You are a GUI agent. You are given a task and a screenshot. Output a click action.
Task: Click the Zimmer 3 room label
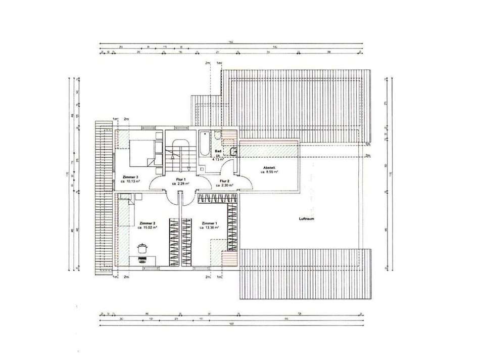pos(130,177)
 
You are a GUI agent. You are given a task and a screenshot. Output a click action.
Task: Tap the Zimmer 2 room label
pos(147,222)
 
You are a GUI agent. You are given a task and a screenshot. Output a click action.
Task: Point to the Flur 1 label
pos(180,179)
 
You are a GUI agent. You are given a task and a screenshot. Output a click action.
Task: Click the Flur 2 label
pos(225,180)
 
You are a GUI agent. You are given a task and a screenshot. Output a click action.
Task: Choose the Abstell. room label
pos(270,168)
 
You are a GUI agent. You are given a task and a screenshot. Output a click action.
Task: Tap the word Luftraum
pos(307,219)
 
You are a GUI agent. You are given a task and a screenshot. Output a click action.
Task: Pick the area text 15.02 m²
pos(148,228)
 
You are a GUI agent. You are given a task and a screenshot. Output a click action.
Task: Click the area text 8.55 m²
pos(271,172)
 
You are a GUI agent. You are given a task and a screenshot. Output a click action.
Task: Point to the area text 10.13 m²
pos(131,181)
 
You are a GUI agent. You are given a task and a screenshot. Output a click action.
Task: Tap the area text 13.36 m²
pos(210,228)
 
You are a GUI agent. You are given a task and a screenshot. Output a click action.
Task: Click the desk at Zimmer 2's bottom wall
pos(142,260)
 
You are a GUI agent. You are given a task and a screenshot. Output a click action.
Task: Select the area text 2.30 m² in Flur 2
pos(225,185)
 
